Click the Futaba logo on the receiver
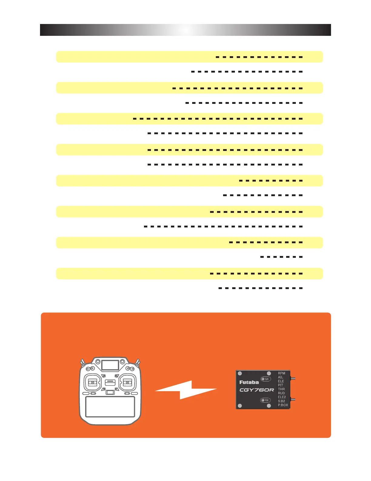coord(249,382)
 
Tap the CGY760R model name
coord(257,390)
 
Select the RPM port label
coord(282,373)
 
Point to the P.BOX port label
coord(283,405)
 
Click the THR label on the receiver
coord(281,389)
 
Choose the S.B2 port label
coord(281,401)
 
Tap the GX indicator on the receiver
coord(266,379)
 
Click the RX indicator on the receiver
coord(266,400)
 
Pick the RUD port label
coord(281,393)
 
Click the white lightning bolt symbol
coord(186,390)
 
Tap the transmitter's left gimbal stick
coord(92,383)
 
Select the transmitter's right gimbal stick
coord(128,383)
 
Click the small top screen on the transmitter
coord(110,365)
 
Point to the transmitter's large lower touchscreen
coord(110,407)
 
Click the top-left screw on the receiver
coord(240,373)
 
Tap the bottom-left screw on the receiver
coord(240,406)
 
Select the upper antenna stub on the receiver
coord(293,379)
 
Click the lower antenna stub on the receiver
coord(293,399)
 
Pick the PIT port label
coord(280,385)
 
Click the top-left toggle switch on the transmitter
coord(82,362)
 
